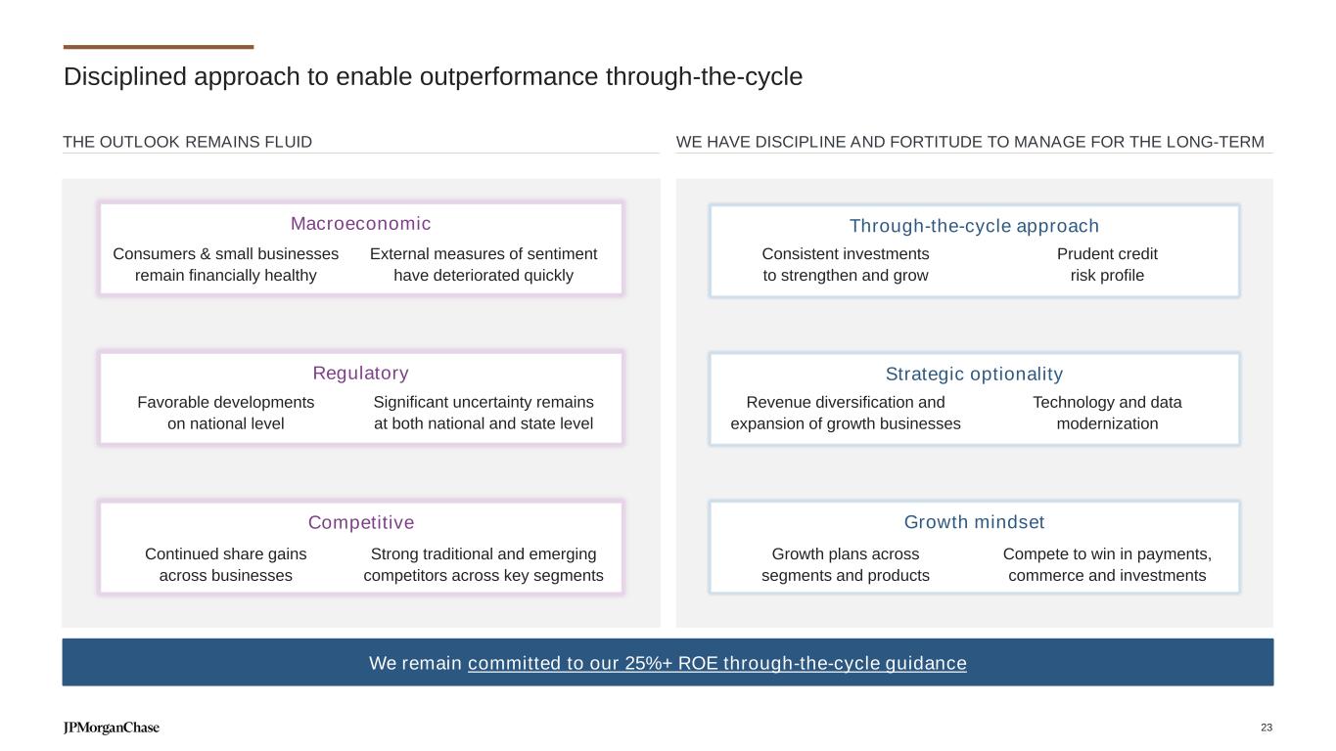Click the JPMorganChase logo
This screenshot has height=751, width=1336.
click(x=112, y=728)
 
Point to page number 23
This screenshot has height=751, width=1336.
click(x=1267, y=728)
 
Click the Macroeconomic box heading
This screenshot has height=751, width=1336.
click(x=360, y=224)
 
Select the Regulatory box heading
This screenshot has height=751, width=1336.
click(x=360, y=374)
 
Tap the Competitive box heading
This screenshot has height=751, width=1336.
click(x=361, y=522)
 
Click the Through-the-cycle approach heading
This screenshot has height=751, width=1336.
click(x=974, y=226)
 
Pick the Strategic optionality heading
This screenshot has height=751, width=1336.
click(x=974, y=375)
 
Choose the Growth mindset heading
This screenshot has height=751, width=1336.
click(x=974, y=522)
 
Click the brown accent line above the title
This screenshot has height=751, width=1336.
click(x=159, y=47)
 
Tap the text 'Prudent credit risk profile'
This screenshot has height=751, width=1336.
click(x=1107, y=265)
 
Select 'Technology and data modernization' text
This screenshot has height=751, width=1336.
click(x=1107, y=413)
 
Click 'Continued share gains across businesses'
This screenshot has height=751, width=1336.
click(x=225, y=564)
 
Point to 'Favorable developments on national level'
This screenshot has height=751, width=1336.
click(x=225, y=413)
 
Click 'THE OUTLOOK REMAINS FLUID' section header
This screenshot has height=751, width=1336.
click(x=187, y=142)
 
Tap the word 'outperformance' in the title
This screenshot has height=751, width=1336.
click(x=509, y=77)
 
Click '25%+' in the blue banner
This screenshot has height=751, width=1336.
click(x=648, y=663)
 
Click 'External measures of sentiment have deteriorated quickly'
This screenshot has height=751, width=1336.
click(x=484, y=265)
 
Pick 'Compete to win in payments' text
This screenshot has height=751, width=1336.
click(x=1107, y=554)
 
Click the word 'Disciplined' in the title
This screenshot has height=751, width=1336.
click(x=124, y=77)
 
